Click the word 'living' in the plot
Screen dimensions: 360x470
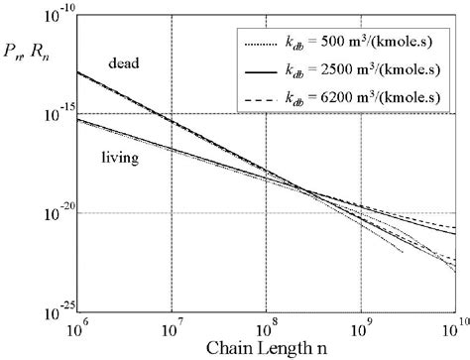(120, 156)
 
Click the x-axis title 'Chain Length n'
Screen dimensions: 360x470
(266, 347)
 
